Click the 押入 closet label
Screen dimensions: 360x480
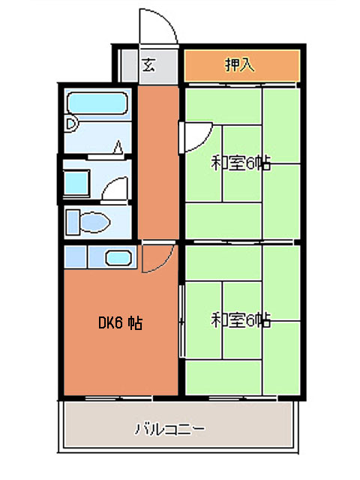tap(240, 65)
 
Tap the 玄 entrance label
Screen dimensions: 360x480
tap(148, 65)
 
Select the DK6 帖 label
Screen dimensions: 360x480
tap(120, 323)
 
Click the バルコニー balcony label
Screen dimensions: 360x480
tap(170, 428)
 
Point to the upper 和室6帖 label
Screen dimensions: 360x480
tap(241, 163)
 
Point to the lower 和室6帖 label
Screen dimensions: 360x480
tap(241, 320)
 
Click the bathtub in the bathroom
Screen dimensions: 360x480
tap(97, 103)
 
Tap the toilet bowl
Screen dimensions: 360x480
tap(95, 222)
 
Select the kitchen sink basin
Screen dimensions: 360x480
tap(118, 258)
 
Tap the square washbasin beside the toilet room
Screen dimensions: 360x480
tap(76, 183)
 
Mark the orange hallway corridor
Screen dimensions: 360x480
tap(158, 162)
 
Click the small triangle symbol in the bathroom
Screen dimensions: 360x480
tap(118, 148)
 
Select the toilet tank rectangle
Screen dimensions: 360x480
tap(73, 222)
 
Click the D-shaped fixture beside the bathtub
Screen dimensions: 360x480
tap(71, 124)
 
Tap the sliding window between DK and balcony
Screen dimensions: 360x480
tap(118, 398)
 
